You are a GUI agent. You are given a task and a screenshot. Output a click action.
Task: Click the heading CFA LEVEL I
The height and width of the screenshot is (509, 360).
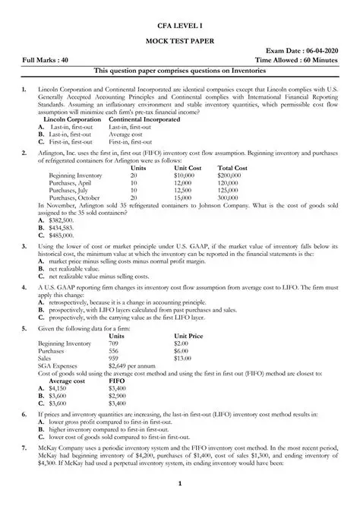179,25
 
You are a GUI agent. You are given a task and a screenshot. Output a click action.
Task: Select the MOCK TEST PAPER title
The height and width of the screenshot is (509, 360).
179,46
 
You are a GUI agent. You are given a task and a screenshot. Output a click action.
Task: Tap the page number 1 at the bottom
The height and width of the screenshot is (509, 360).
179,485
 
